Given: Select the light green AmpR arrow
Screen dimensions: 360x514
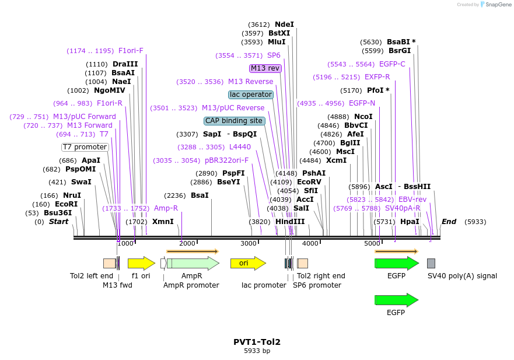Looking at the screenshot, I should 193,263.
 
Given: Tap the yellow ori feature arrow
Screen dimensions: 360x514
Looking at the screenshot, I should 244,263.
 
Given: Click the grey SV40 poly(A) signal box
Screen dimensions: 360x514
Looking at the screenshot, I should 431,263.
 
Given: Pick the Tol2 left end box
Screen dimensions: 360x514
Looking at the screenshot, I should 109,263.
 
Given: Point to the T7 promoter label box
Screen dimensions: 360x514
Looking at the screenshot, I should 85,147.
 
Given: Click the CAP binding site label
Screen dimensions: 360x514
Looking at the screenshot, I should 234,121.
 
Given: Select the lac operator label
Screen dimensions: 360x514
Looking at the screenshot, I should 251,95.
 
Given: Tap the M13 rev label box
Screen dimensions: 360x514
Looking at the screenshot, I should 265,68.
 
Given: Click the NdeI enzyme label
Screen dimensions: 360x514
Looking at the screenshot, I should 284,25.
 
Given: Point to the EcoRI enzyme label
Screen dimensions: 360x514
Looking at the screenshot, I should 66,204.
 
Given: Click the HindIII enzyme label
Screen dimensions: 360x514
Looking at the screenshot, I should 290,222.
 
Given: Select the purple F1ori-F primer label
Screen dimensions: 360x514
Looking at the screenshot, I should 131,51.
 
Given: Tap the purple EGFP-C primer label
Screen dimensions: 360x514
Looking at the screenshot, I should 392,64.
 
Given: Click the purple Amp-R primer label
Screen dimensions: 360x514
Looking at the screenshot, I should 166,208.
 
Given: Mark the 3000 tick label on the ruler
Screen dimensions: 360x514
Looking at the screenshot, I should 249,243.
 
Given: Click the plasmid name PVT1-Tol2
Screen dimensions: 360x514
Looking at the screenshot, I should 257,342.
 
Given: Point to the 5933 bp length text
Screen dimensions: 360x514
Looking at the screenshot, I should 257,351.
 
